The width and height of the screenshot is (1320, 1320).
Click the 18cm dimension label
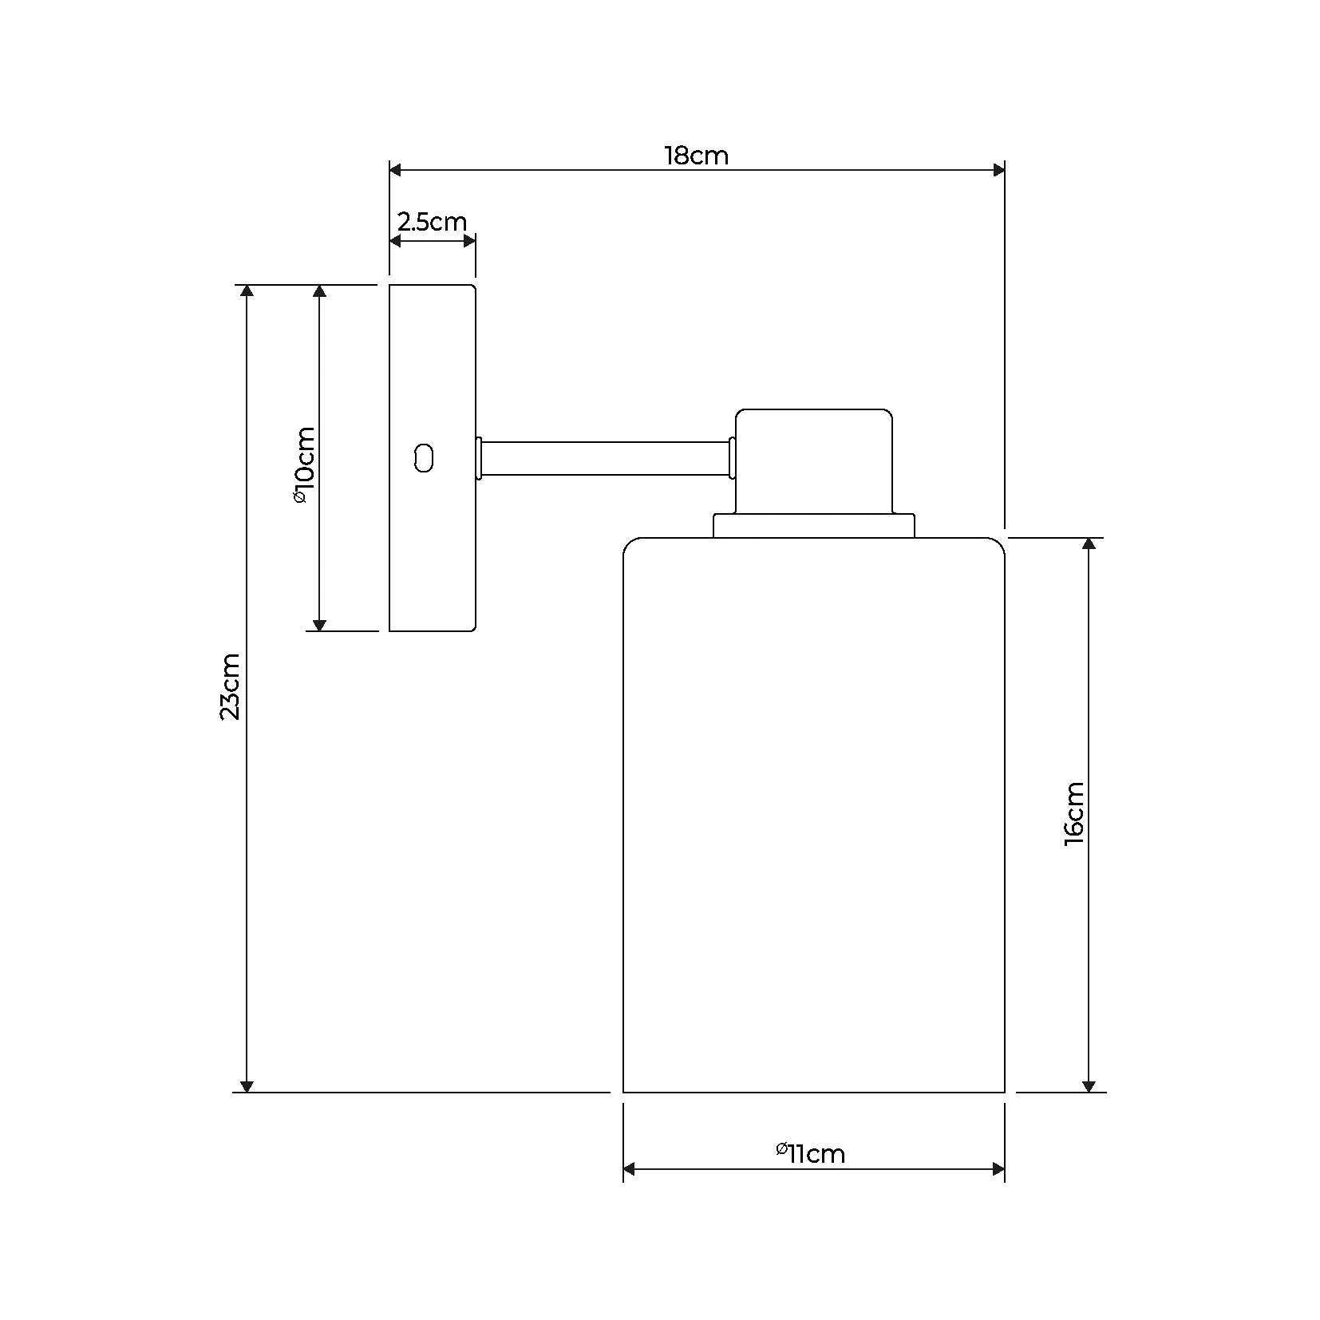tap(696, 156)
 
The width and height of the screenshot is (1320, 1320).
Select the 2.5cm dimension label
tap(432, 222)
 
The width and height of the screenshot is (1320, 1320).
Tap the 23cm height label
tap(230, 686)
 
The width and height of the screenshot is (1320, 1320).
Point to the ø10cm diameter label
tap(304, 464)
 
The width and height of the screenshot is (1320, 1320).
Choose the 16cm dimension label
tap(1074, 814)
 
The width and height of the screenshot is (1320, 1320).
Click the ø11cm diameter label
tap(810, 1153)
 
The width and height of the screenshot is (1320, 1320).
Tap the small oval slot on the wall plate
tap(424, 458)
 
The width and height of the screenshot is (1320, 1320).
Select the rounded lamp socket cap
tap(813, 461)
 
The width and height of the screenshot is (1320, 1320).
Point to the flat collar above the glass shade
tap(813, 526)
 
